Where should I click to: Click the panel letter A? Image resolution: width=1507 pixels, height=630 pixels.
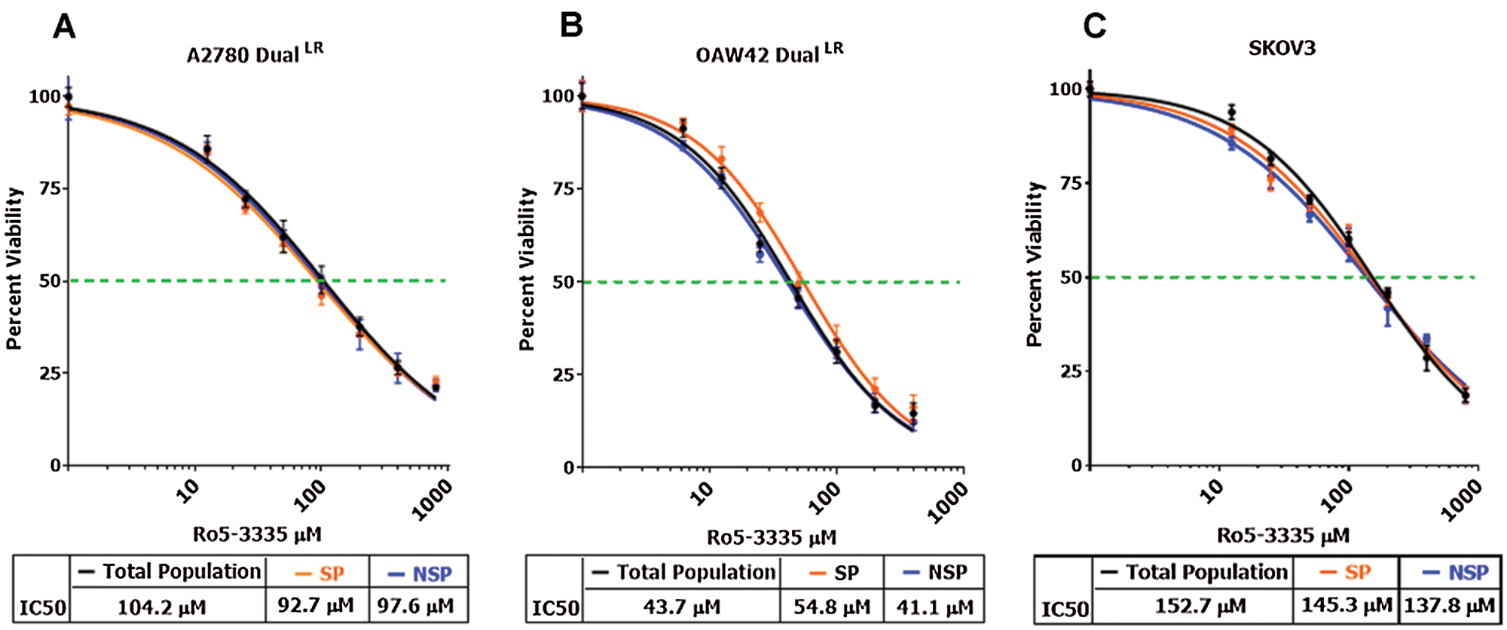(65, 27)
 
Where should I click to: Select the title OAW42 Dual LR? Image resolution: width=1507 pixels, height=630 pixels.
(769, 54)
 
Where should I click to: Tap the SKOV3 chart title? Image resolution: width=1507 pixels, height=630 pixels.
(1282, 49)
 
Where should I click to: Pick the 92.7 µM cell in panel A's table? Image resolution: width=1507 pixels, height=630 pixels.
(316, 605)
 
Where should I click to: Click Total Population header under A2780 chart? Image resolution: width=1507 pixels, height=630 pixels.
(170, 572)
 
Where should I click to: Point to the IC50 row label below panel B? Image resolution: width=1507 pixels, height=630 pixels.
(555, 608)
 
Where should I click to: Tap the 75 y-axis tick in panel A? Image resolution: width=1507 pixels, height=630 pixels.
(50, 188)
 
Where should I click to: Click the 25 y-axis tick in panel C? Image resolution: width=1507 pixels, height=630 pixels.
(1071, 372)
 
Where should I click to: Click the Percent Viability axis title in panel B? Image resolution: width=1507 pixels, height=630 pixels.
(527, 269)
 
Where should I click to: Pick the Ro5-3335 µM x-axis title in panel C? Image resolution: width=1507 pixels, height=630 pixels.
(1283, 536)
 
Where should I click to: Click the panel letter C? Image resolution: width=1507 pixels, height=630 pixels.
(1094, 27)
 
